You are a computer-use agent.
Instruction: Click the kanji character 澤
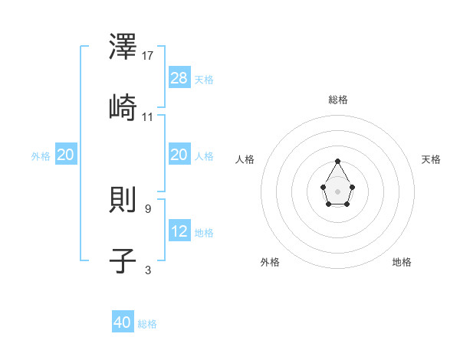(x=123, y=48)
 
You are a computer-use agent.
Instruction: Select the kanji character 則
(x=123, y=201)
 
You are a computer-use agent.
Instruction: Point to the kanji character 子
(x=123, y=261)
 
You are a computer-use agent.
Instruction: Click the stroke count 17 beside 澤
(x=149, y=56)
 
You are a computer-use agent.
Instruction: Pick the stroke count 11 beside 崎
(x=149, y=116)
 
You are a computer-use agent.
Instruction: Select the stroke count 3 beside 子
(x=148, y=270)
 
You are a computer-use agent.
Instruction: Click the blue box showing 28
(x=179, y=78)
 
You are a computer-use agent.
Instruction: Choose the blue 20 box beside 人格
(x=179, y=155)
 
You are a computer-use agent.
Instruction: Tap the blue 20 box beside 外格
(x=66, y=155)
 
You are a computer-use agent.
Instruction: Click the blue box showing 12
(x=179, y=231)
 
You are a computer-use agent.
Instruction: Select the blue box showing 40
(x=123, y=322)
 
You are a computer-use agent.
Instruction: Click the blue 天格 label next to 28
(x=204, y=80)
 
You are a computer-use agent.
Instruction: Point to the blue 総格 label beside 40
(x=147, y=324)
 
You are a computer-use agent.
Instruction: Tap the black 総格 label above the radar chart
(x=338, y=100)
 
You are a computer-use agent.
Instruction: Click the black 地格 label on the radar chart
(x=402, y=262)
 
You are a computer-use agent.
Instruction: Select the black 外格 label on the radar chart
(x=270, y=262)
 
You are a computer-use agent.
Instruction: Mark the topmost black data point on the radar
(x=338, y=161)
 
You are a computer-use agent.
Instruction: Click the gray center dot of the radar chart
(x=338, y=190)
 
